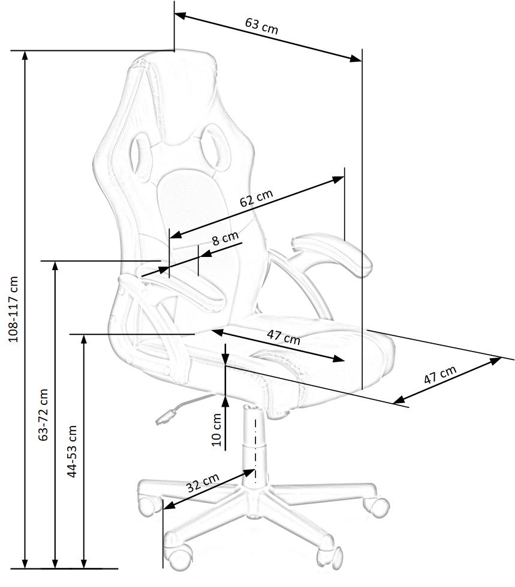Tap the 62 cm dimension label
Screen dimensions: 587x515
point(256,198)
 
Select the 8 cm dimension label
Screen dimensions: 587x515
point(225,239)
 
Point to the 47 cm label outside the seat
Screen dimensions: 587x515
point(439,376)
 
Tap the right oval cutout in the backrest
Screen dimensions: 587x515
point(214,144)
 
